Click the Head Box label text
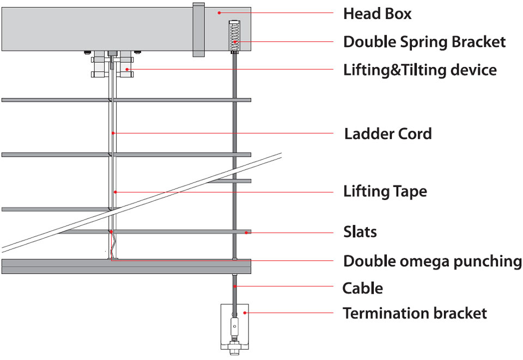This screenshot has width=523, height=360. pos(377,14)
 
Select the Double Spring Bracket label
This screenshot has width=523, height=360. pos(424,42)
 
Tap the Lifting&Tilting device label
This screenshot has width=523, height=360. pos(419,70)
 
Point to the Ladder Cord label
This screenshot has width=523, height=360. pos(388,133)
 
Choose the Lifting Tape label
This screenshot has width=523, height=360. pos(385,191)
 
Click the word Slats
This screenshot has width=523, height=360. pos(360,232)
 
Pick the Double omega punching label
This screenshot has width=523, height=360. pos(432,261)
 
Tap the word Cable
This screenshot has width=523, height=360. pos(362,288)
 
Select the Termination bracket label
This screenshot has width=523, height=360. pos(415,313)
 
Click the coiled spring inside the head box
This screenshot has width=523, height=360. pos(235,35)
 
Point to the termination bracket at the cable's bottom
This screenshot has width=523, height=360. pos(234,327)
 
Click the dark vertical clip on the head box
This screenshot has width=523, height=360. pos(198,29)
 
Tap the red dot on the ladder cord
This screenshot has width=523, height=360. pos(112,133)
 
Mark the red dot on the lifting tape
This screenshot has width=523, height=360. pos(115,192)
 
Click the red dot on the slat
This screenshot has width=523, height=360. pos(246,233)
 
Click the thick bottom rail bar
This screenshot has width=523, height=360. pos(126,266)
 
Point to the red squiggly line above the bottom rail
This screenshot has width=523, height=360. pos(113,245)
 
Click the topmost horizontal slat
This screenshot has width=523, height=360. pos(126,100)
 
